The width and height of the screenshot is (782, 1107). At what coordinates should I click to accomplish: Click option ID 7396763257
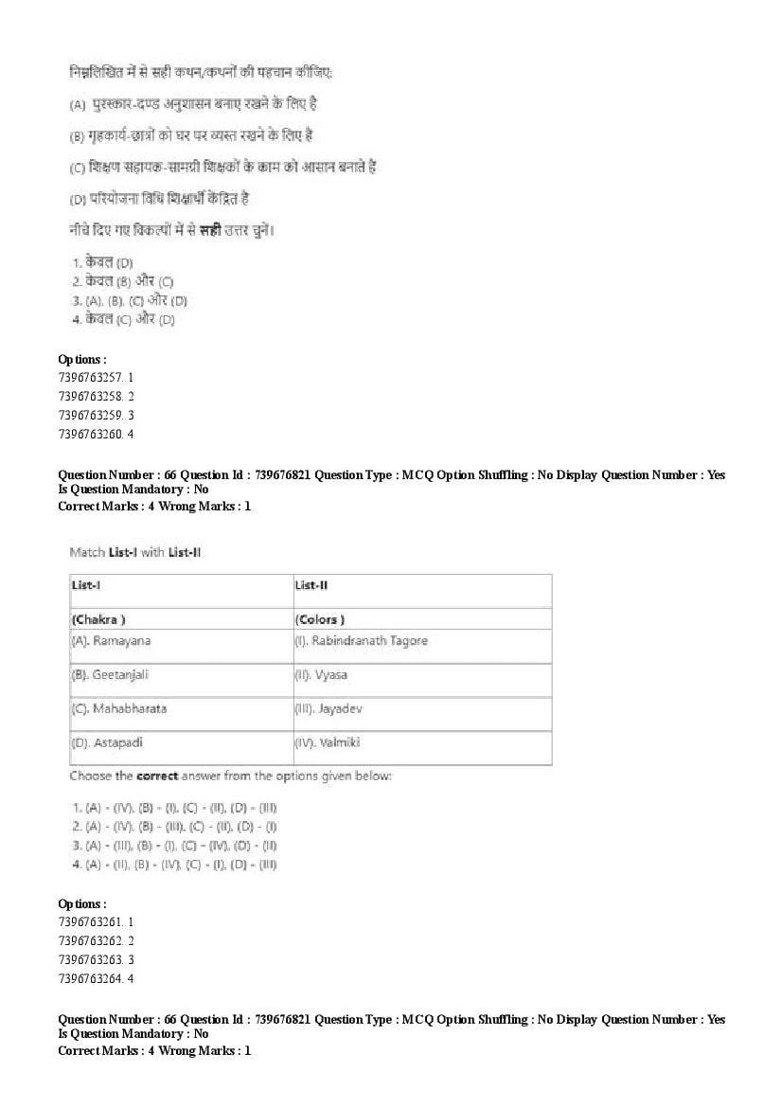[x=96, y=377]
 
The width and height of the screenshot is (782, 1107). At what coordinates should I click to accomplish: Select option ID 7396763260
[x=96, y=434]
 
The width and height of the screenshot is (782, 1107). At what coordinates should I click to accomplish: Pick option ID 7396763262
[x=96, y=939]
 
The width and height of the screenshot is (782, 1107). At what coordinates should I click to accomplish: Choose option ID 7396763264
[x=96, y=977]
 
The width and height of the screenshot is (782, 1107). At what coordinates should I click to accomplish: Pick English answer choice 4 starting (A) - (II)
[x=173, y=864]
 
